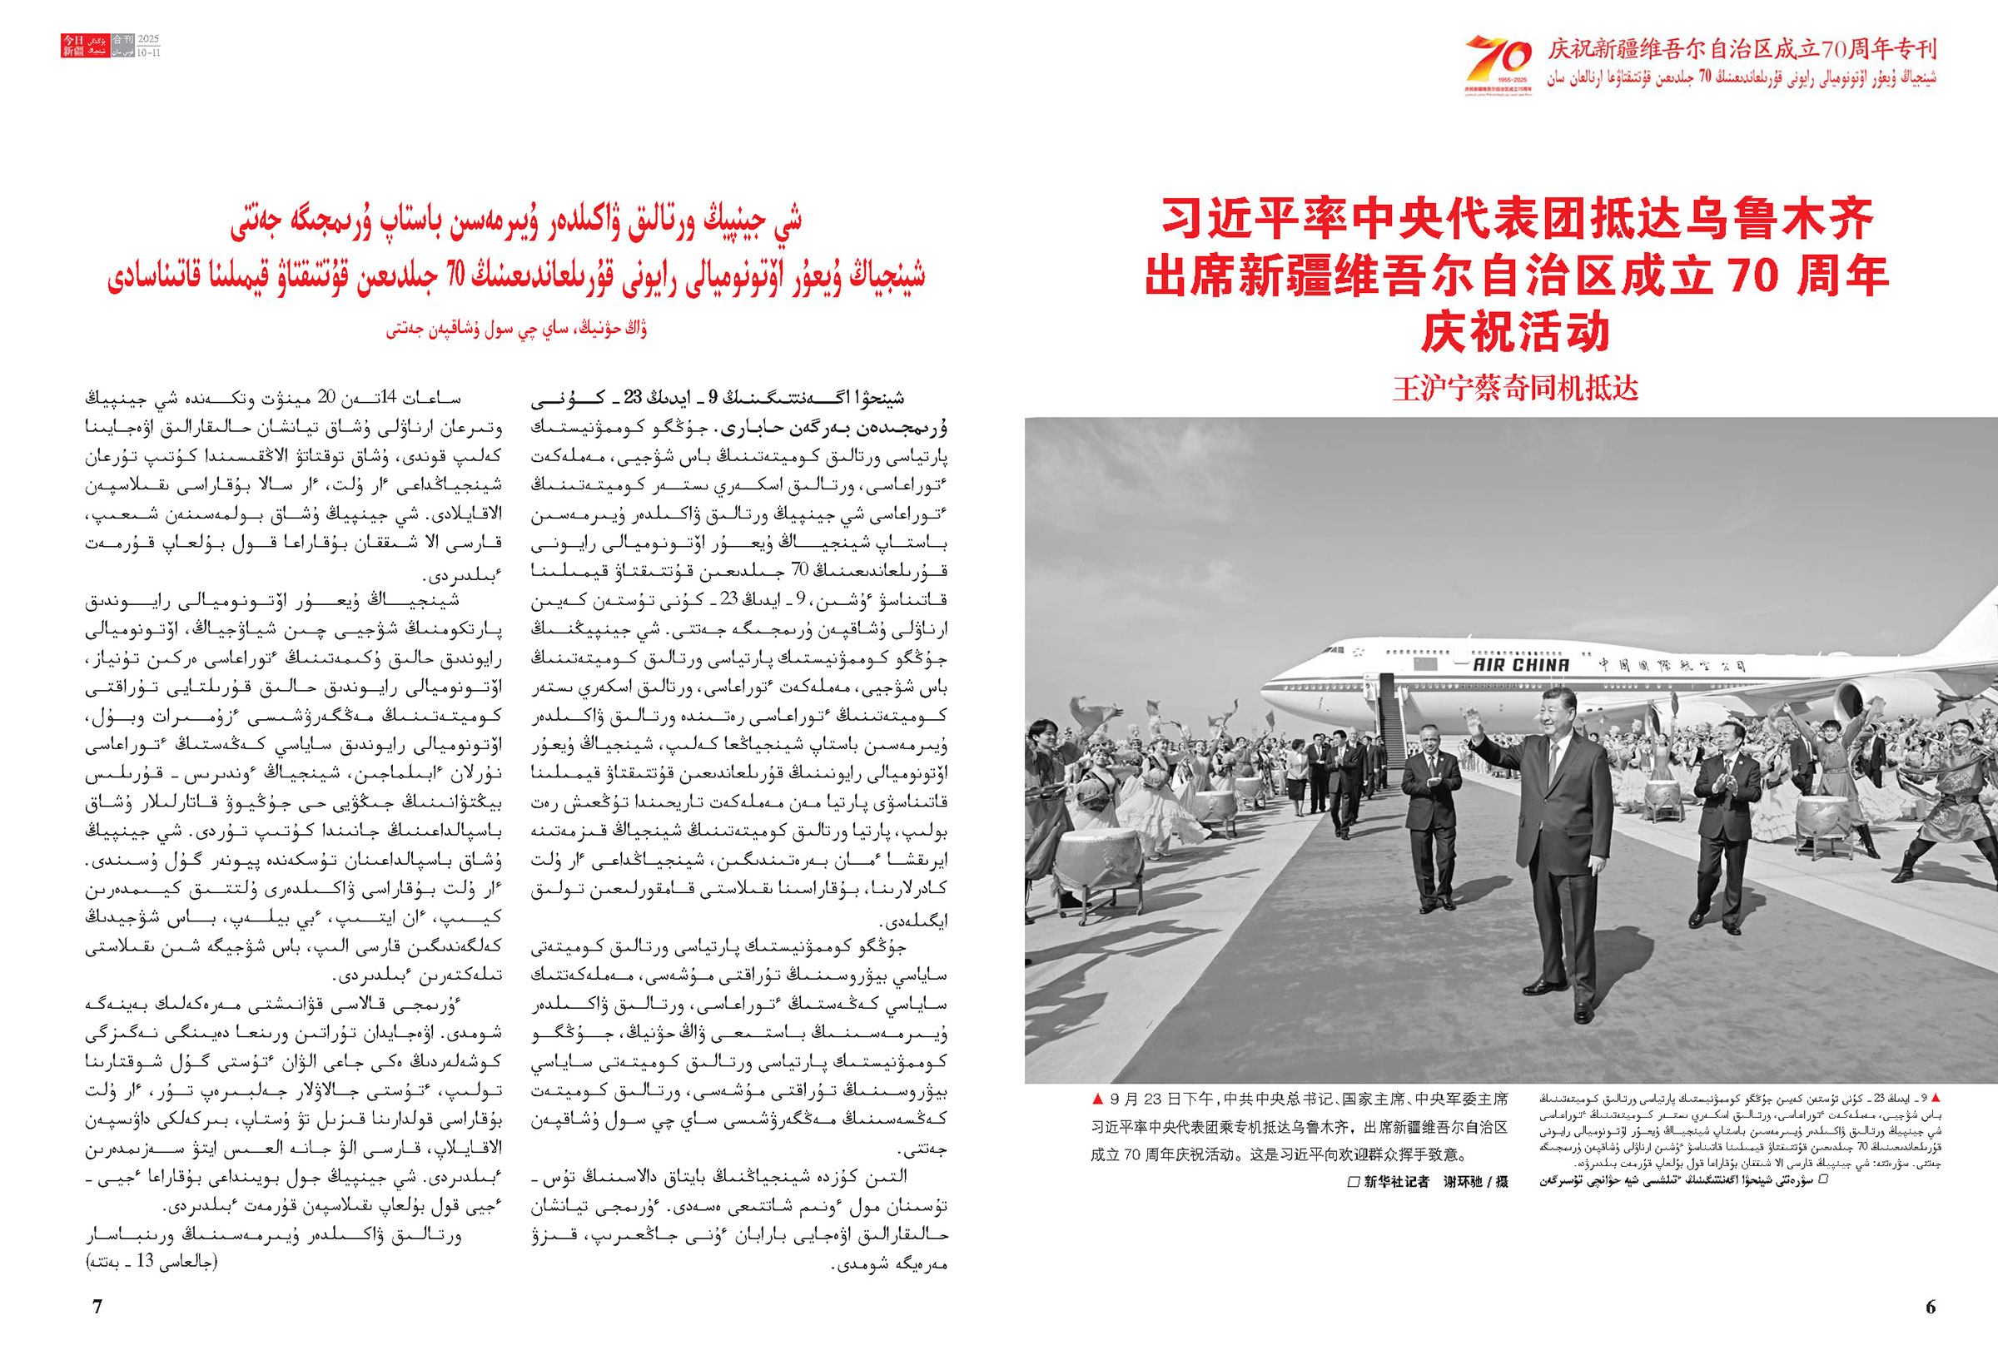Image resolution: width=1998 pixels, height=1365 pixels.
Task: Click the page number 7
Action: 97,1306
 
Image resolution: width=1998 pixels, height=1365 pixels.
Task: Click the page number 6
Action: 1930,1307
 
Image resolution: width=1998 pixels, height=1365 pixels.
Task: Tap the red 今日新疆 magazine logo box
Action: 73,46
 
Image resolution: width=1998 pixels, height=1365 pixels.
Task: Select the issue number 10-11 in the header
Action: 149,52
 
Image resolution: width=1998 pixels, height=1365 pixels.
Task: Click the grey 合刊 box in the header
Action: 123,40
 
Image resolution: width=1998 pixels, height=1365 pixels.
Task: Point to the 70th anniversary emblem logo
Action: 1498,62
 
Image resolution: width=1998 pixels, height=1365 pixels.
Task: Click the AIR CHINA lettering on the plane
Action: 1520,664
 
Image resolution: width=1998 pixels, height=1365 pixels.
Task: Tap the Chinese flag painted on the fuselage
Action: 1424,663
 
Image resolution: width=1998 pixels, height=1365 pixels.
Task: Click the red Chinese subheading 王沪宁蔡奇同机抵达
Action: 1516,389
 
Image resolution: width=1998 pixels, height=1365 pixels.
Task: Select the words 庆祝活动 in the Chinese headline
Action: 1516,332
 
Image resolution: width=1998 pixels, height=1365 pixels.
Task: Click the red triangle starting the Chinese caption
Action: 1097,1099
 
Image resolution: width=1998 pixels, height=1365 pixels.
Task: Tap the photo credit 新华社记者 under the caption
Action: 1396,1181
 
